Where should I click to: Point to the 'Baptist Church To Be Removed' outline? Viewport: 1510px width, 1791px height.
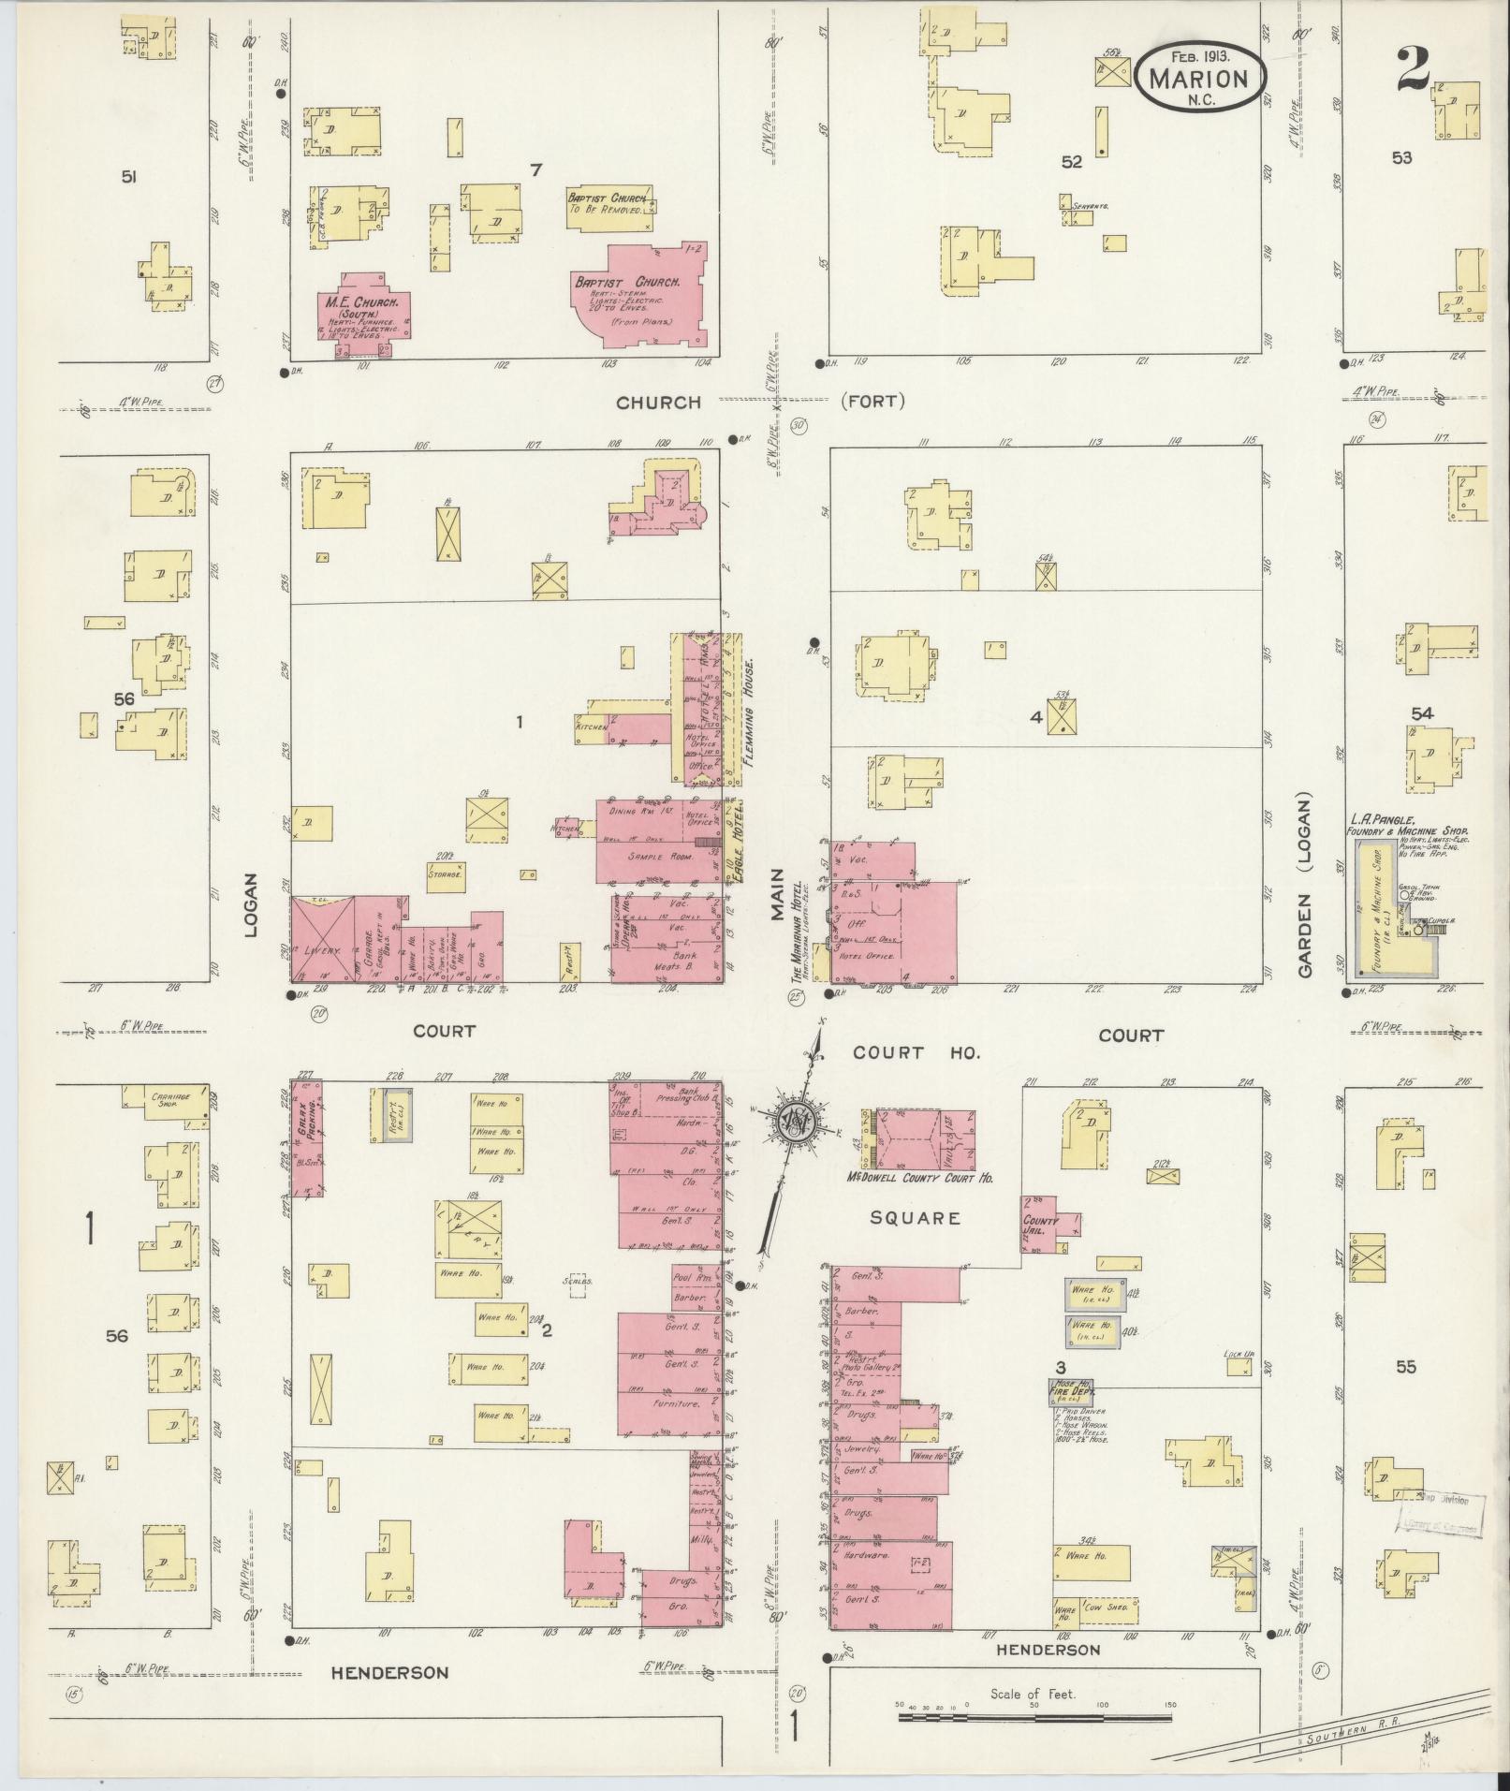[x=608, y=204]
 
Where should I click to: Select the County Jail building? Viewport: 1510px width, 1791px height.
[x=1041, y=1225]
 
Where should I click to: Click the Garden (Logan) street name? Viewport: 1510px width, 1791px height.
[x=1306, y=886]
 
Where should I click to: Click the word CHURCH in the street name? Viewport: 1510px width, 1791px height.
[x=657, y=403]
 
